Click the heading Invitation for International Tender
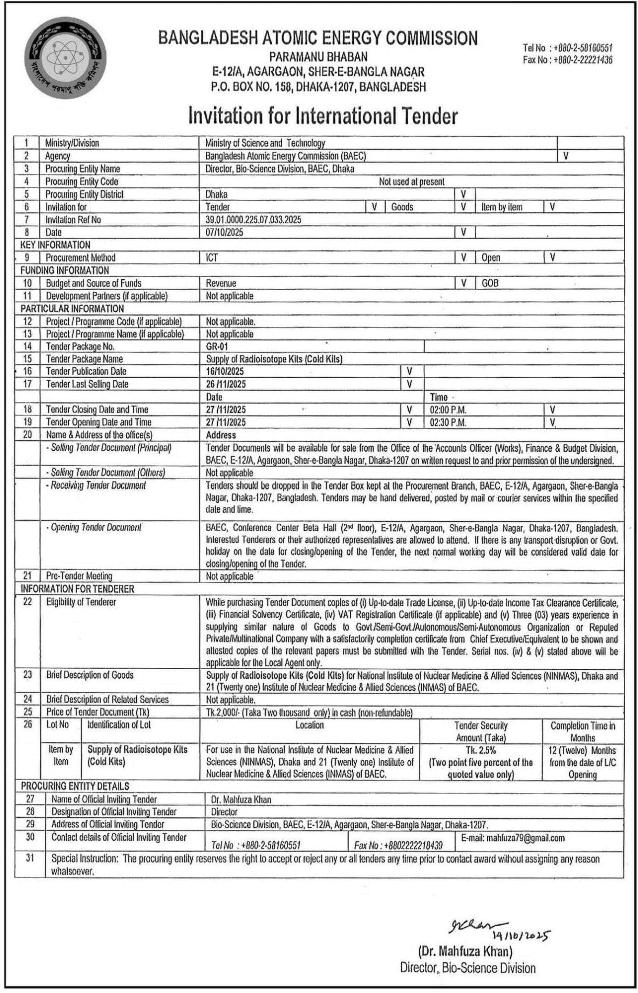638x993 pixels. pos(323,116)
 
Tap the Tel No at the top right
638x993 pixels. pos(568,48)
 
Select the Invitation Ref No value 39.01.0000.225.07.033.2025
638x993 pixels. pos(253,220)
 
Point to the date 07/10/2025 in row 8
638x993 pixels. pos(224,233)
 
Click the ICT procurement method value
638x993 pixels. pos(212,258)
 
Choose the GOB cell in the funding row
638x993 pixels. pos(490,283)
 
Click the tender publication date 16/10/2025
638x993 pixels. pos(225,371)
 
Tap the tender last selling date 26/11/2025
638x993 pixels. pos(226,384)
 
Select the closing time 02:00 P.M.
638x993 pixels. pos(448,410)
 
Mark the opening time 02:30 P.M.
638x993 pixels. pos(448,422)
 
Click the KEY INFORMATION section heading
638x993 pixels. pos(55,245)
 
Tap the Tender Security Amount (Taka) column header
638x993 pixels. pos(481,732)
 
